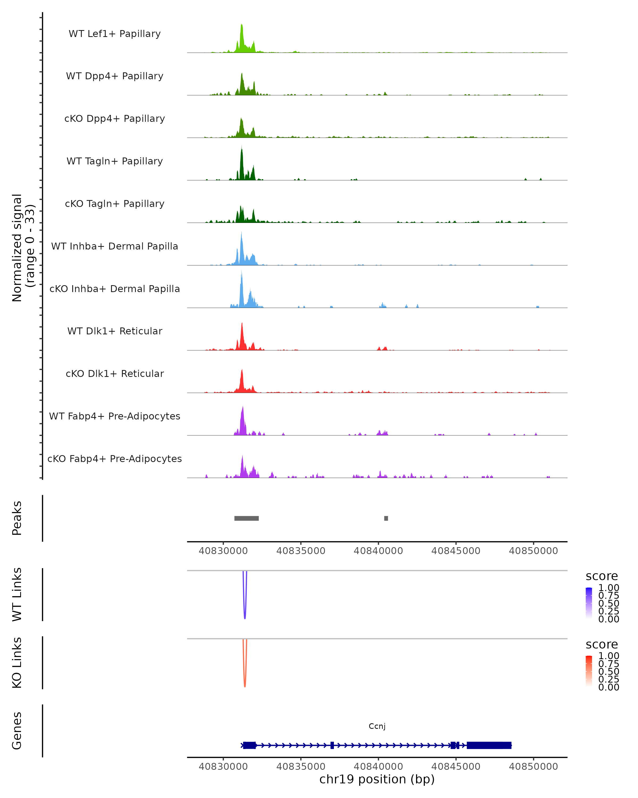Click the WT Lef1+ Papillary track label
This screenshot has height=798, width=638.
(115, 34)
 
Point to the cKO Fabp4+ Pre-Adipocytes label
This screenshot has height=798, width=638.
(115, 459)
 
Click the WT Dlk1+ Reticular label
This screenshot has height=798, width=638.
(115, 331)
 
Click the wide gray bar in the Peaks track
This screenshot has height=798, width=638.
(246, 518)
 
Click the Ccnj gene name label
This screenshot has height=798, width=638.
(377, 726)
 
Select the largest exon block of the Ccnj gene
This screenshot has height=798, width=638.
(489, 745)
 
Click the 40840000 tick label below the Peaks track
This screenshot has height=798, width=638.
(378, 551)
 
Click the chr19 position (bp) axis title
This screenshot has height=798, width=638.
(377, 779)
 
